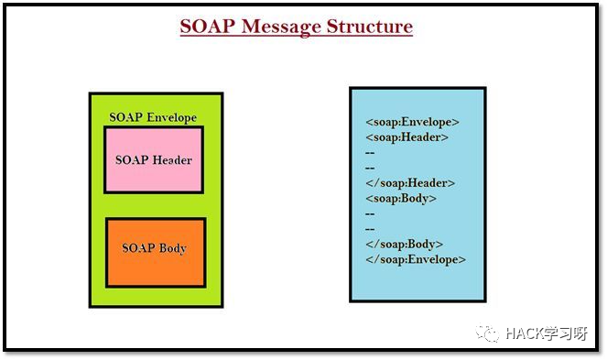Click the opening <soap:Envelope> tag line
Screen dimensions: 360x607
(x=412, y=122)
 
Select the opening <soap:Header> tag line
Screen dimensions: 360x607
(x=406, y=137)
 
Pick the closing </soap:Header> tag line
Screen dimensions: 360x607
(x=409, y=183)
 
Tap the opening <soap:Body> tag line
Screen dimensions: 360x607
(x=401, y=198)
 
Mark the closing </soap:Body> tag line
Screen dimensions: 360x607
(x=404, y=245)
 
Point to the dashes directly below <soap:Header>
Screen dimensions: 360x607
(x=370, y=153)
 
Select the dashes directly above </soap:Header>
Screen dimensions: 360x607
(x=370, y=168)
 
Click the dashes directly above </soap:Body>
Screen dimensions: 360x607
(x=370, y=229)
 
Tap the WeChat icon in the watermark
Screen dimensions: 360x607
(x=493, y=333)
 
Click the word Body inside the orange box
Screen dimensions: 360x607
(x=172, y=248)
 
